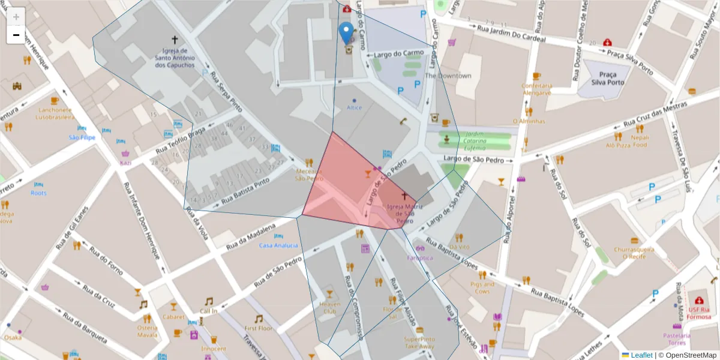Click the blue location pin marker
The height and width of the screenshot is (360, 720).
click(x=346, y=33)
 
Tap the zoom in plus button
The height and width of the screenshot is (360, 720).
click(x=16, y=16)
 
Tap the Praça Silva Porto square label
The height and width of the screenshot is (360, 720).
click(x=607, y=79)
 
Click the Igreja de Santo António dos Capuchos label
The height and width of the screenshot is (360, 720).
click(x=175, y=58)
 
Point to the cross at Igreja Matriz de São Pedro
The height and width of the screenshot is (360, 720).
click(x=404, y=196)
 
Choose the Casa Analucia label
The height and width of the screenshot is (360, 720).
click(x=278, y=245)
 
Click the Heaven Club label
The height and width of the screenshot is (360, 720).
click(x=329, y=308)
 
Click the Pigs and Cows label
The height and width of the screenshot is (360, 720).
click(x=482, y=287)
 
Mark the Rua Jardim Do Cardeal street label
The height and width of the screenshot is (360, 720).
click(x=511, y=32)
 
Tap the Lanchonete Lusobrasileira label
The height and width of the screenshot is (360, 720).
click(x=54, y=113)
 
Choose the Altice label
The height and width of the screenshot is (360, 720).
click(x=354, y=107)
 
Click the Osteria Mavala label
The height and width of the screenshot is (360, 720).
click(x=147, y=331)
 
